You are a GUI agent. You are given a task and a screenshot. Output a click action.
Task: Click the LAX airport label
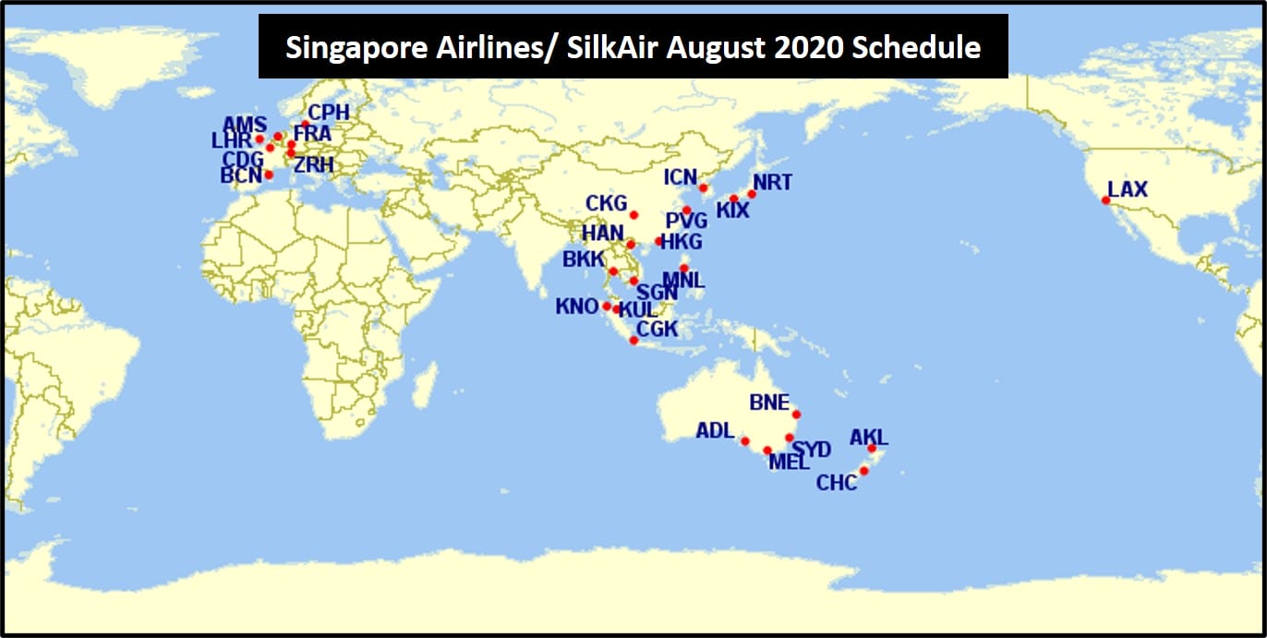click(x=1128, y=189)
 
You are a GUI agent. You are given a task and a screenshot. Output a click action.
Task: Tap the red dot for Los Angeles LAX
click(x=1105, y=200)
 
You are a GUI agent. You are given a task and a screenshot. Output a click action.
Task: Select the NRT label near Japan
click(x=772, y=182)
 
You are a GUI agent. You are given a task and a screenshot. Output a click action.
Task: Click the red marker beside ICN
click(x=703, y=188)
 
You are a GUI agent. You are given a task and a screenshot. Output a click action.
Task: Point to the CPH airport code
click(x=329, y=112)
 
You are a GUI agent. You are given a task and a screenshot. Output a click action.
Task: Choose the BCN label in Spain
click(x=241, y=175)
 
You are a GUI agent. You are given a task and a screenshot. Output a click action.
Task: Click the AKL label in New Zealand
click(x=868, y=437)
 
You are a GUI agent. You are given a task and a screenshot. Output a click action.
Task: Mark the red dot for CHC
click(x=863, y=471)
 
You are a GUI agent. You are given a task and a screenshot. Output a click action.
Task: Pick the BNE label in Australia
click(x=769, y=403)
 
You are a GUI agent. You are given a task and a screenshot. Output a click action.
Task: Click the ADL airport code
click(x=715, y=430)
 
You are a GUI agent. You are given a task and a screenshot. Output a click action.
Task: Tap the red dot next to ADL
click(x=744, y=441)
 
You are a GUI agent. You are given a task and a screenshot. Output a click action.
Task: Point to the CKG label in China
click(x=606, y=203)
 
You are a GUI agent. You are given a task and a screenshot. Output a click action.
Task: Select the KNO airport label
click(x=577, y=307)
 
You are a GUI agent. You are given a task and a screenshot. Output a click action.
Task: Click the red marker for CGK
click(x=633, y=341)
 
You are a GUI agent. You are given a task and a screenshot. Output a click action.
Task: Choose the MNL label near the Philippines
click(x=684, y=280)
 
